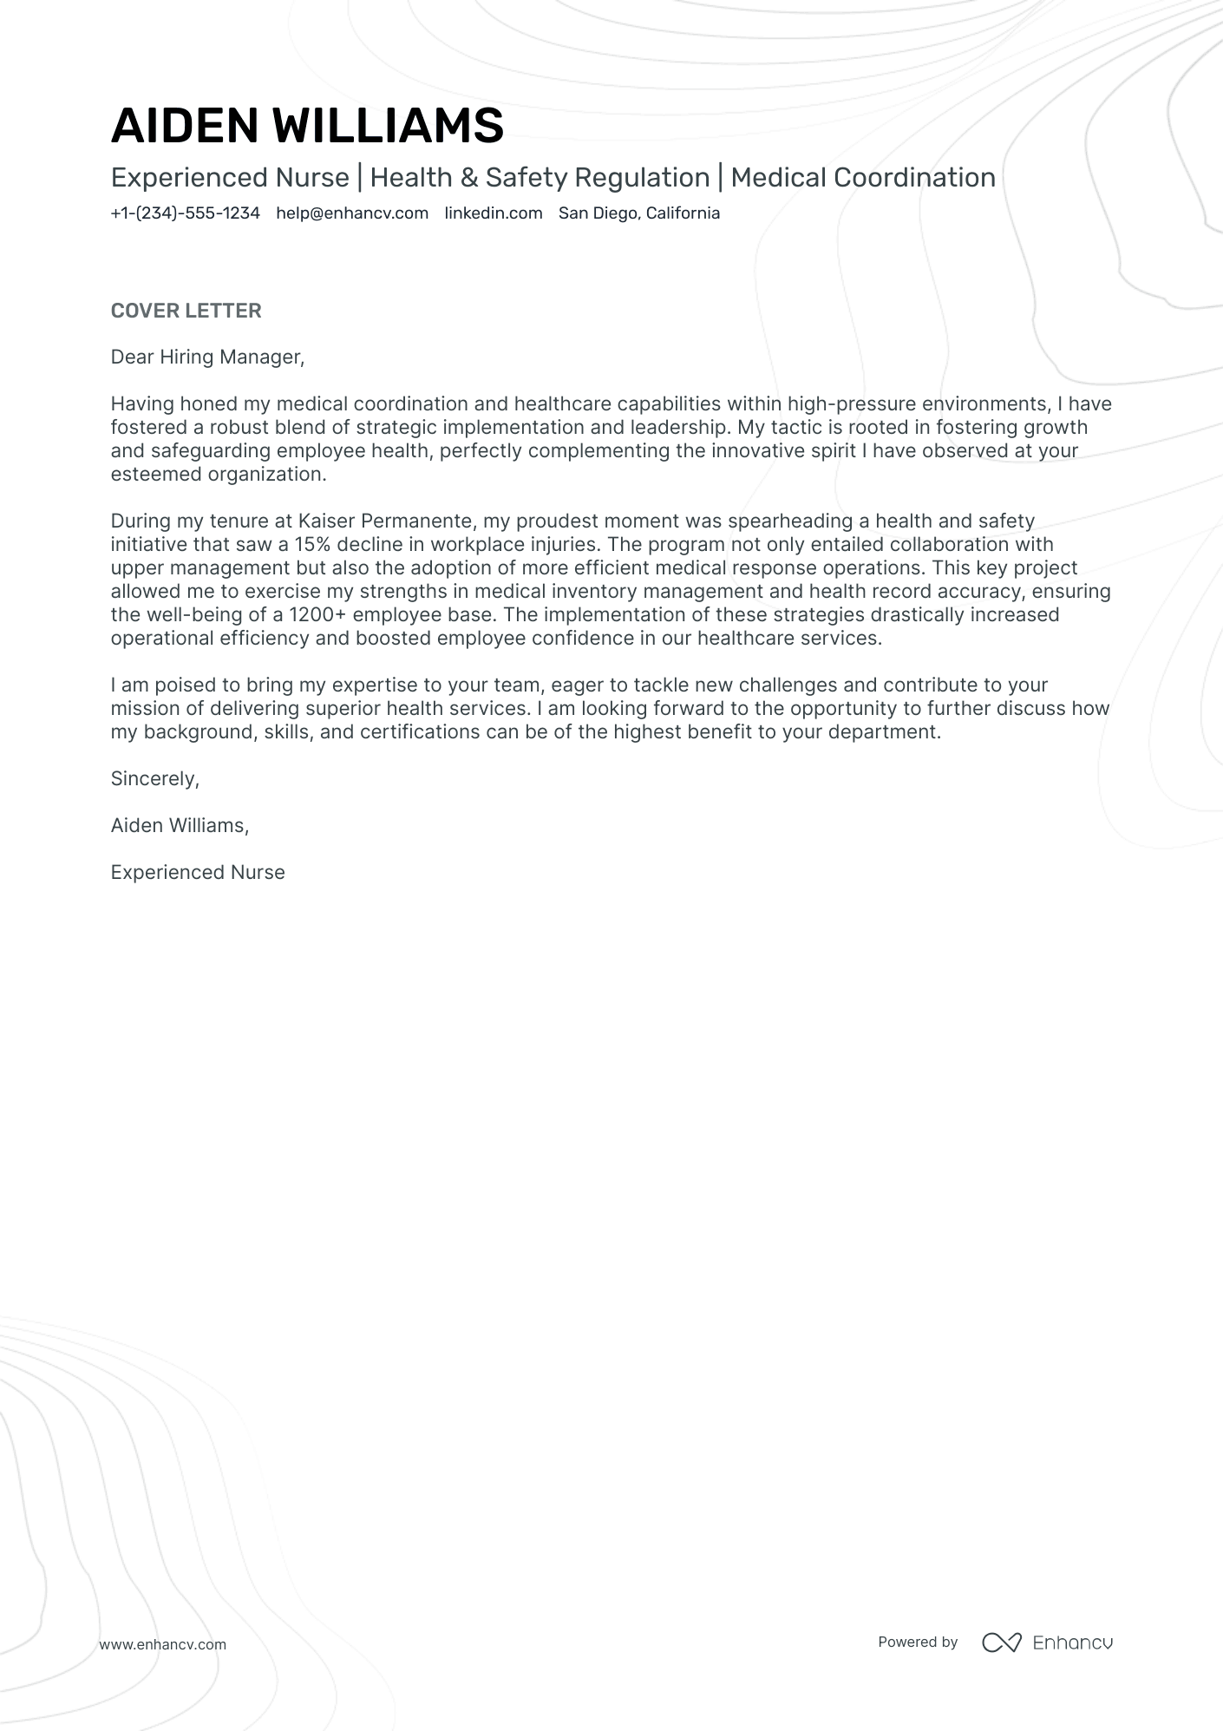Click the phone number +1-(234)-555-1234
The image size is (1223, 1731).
(x=185, y=213)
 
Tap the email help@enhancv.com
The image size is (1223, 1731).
(x=352, y=213)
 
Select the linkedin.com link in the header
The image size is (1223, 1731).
(x=493, y=213)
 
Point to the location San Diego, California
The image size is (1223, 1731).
(x=638, y=213)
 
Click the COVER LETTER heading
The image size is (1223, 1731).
(x=186, y=311)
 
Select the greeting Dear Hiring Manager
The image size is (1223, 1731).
(x=207, y=357)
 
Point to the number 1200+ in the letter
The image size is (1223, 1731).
(x=317, y=615)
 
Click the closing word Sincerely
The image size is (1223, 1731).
(x=154, y=779)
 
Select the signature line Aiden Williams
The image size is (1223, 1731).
(x=179, y=826)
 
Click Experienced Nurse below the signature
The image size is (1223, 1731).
(x=198, y=873)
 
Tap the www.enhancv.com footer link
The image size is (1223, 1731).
(x=162, y=1644)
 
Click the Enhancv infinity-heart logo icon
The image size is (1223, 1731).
(x=1001, y=1642)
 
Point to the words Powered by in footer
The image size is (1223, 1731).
(x=917, y=1642)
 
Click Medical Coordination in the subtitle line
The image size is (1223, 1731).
(x=862, y=178)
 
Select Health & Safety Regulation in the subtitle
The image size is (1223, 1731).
(x=540, y=178)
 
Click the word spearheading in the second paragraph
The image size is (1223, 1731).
(x=786, y=521)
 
